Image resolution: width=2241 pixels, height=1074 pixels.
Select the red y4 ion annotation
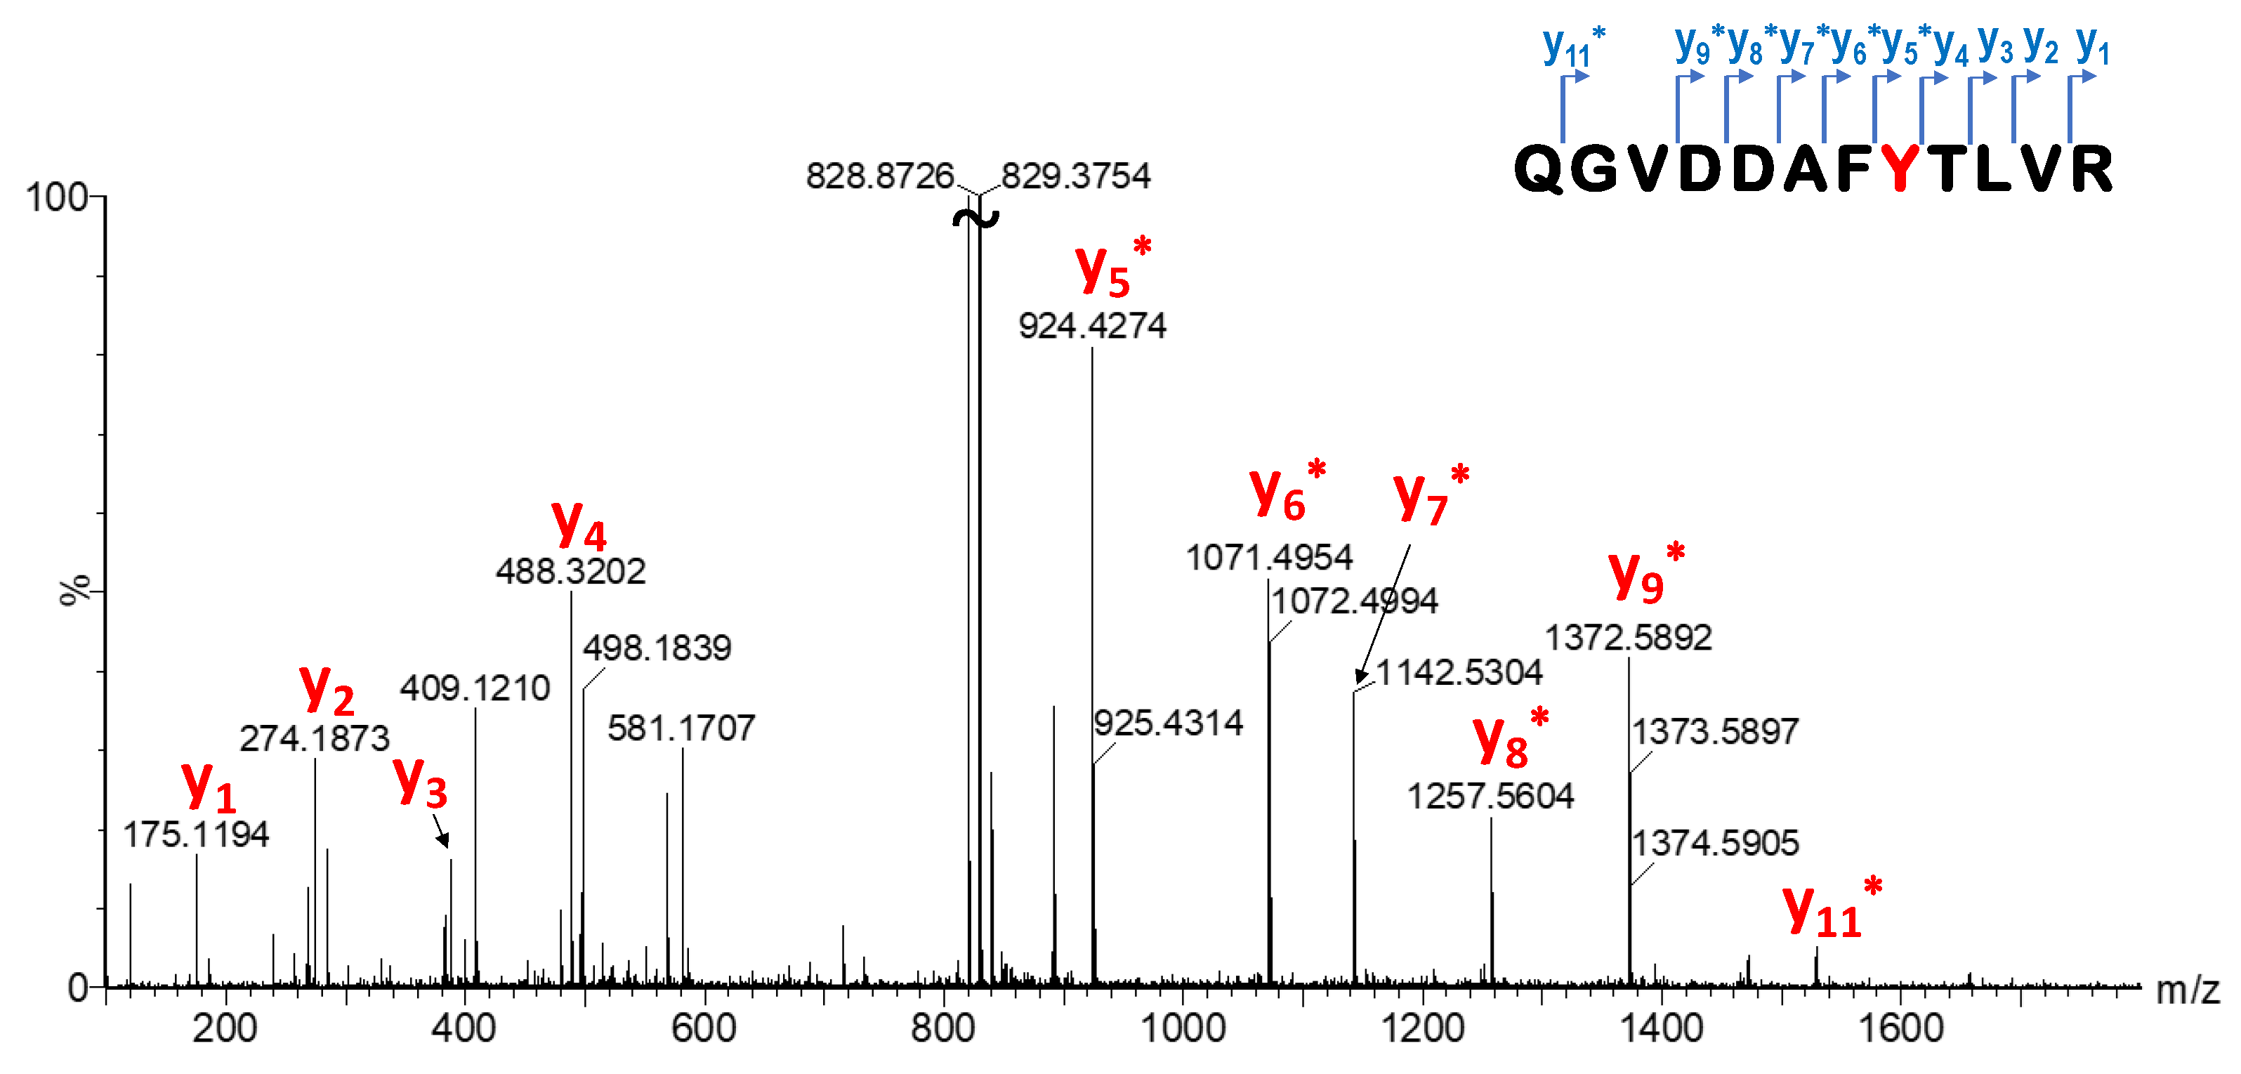pyautogui.click(x=579, y=525)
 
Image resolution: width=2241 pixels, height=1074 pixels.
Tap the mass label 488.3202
pyautogui.click(x=571, y=572)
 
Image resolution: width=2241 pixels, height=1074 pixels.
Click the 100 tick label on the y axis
pyautogui.click(x=57, y=197)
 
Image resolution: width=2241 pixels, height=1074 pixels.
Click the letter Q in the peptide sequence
pyautogui.click(x=1540, y=168)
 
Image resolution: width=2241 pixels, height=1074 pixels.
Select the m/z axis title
pyautogui.click(x=2187, y=990)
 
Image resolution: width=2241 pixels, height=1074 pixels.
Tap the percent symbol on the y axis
pyautogui.click(x=76, y=589)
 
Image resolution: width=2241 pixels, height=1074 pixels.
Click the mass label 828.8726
pyautogui.click(x=879, y=177)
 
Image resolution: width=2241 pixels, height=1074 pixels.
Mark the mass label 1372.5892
pyautogui.click(x=1628, y=638)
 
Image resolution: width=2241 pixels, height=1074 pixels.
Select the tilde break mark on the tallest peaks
pyautogui.click(x=975, y=218)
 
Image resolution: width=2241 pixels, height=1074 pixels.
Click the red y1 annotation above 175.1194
pyautogui.click(x=209, y=786)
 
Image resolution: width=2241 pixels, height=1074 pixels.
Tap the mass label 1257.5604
pyautogui.click(x=1490, y=797)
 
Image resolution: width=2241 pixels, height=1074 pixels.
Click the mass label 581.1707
pyautogui.click(x=681, y=728)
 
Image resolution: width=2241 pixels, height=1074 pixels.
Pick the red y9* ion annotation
pyautogui.click(x=1645, y=575)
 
